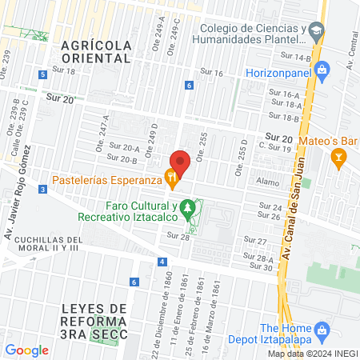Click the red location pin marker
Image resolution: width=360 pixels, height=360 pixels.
[x=180, y=162]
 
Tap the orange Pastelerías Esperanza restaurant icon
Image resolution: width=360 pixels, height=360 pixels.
[x=170, y=177]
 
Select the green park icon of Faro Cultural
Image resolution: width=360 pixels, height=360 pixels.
[x=188, y=209]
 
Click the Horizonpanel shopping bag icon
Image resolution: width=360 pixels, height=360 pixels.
[x=322, y=70]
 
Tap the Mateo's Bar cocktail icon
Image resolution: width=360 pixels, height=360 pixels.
[x=339, y=158]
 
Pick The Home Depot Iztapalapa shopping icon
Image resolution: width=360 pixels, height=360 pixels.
[x=322, y=330]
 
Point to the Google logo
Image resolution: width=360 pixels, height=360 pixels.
[x=26, y=350]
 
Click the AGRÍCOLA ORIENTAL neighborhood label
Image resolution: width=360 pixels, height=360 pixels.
[x=95, y=52]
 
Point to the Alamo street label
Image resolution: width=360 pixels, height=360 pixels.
[x=266, y=182]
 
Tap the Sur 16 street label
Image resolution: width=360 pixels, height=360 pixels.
[x=212, y=73]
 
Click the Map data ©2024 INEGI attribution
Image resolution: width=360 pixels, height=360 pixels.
[x=313, y=354]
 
